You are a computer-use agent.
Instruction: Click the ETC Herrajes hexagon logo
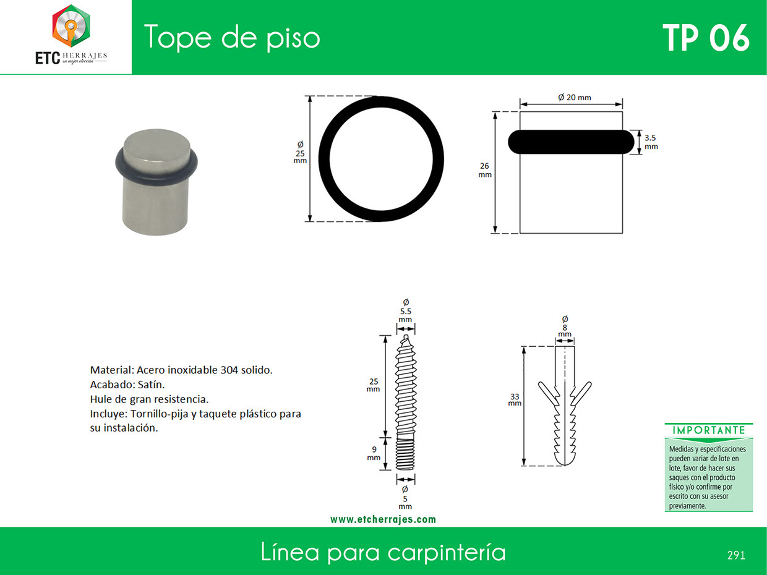pos(71,26)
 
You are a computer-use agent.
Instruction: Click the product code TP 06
pos(706,38)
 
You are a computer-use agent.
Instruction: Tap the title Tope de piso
pos(232,38)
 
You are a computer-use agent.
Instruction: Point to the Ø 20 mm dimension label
pos(575,98)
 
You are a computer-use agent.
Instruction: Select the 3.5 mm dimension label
pos(651,142)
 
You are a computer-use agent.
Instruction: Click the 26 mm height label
pos(485,170)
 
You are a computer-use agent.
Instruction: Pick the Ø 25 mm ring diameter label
pos(300,152)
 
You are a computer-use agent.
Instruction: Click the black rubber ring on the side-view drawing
pos(571,142)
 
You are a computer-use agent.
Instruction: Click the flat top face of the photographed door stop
pos(156,146)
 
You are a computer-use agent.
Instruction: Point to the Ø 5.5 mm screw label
pos(406,311)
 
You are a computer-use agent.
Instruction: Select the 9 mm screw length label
pos(374,453)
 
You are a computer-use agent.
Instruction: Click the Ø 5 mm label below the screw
pos(405,498)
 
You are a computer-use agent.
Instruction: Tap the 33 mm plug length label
pos(515,400)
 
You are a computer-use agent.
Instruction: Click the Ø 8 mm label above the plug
pos(565,327)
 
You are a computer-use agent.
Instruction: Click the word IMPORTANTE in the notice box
pos(709,430)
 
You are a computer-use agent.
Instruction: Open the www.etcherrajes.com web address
pos(383,520)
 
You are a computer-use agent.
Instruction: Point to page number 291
pos(736,555)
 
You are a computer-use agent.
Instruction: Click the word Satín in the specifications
pos(151,385)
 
